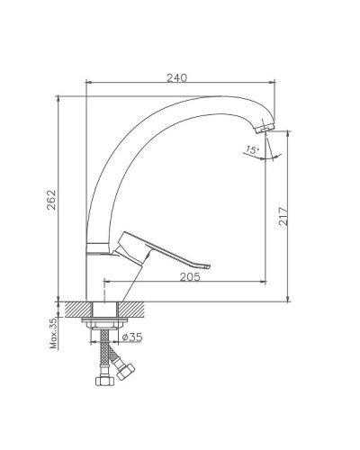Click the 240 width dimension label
(x=176, y=77)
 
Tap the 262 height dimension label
(x=51, y=200)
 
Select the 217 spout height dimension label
(x=283, y=216)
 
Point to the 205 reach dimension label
(x=190, y=276)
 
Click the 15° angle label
(x=251, y=149)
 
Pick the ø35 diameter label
(x=132, y=337)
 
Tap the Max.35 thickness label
(x=54, y=332)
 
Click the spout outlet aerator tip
(x=265, y=128)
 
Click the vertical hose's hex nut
(x=104, y=382)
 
